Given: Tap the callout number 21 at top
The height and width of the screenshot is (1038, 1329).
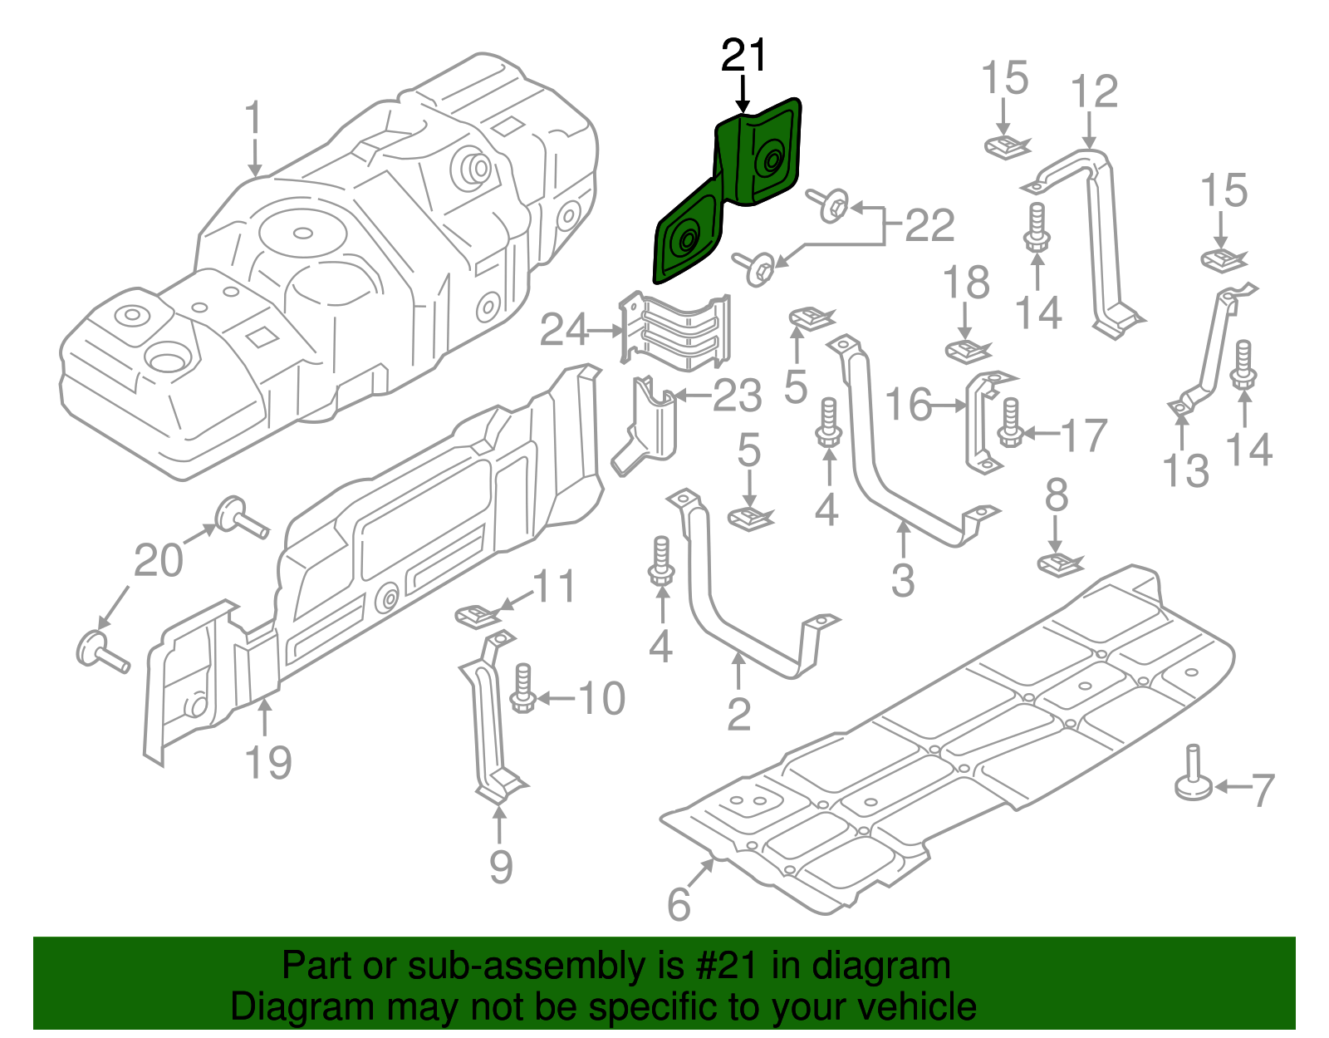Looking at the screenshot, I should coord(743,56).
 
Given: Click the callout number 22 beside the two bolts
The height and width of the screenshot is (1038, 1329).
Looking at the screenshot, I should coord(929,225).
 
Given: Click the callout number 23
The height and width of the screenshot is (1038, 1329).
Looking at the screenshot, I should coord(737,396).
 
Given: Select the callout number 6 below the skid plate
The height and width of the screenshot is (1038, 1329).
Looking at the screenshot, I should coord(679,904).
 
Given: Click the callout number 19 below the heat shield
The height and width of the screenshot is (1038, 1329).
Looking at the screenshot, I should coord(268,762).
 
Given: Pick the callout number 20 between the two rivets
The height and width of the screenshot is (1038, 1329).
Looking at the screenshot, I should coord(158,560).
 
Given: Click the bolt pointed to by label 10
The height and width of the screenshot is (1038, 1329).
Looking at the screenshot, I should coord(522,688).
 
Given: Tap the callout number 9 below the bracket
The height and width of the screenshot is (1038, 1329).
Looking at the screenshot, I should coord(500,867).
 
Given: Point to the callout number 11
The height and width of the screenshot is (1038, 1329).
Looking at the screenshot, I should coord(554,587).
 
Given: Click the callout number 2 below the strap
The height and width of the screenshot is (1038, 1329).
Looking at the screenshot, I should coord(738,713).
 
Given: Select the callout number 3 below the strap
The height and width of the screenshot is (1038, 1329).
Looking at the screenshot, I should coord(902,580).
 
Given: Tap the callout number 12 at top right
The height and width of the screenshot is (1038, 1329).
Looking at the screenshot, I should coord(1095,91).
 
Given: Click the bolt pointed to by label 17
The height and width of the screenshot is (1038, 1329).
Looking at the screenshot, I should coord(1010,423).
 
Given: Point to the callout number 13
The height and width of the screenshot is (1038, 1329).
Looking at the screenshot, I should coord(1185,471).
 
